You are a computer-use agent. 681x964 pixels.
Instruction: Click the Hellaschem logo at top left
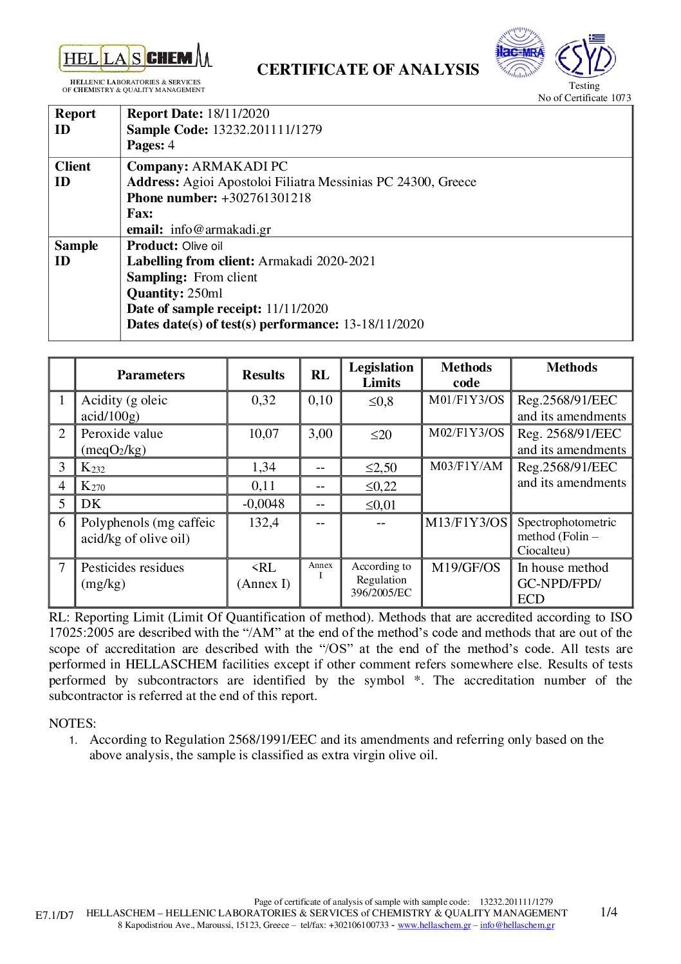[135, 59]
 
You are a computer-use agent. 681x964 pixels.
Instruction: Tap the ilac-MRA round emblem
[520, 53]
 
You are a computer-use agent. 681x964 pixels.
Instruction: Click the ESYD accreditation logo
[584, 57]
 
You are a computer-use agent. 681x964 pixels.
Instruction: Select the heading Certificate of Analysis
[368, 70]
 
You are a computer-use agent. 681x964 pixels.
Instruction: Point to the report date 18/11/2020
[238, 114]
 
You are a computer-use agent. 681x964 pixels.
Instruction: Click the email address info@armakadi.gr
[220, 229]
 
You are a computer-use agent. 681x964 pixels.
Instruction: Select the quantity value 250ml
[205, 293]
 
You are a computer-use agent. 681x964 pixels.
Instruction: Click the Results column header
[263, 375]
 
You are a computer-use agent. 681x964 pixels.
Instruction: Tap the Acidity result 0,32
[263, 400]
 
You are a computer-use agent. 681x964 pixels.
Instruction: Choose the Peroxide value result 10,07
[263, 433]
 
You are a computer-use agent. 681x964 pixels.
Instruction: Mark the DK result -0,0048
[263, 504]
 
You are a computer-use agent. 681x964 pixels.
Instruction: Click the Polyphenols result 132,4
[263, 522]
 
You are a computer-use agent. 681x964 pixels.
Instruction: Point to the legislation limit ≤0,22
[381, 486]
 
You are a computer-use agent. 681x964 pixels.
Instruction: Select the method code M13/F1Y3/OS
[466, 522]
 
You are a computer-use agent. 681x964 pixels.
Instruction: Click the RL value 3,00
[320, 433]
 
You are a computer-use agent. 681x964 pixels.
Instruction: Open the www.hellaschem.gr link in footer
[434, 925]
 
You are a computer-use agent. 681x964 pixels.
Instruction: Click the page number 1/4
[608, 912]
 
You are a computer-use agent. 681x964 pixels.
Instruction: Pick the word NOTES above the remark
[72, 723]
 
